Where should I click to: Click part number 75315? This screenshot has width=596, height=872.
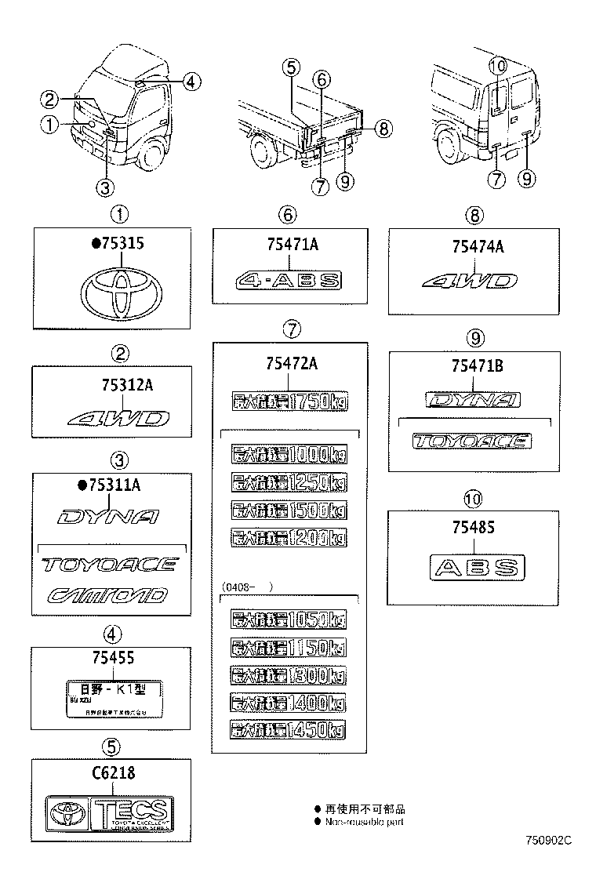tap(118, 244)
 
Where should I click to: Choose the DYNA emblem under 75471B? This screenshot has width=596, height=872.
tap(472, 401)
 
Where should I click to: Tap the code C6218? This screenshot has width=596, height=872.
tap(113, 773)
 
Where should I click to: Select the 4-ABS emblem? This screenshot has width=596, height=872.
tap(290, 280)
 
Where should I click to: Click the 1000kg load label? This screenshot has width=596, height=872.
tap(289, 455)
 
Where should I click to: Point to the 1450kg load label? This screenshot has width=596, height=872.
tap(289, 730)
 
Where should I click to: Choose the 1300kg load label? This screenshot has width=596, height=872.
tap(289, 675)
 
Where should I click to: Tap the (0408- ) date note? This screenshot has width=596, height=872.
tap(246, 586)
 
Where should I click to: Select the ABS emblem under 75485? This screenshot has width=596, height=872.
tap(476, 569)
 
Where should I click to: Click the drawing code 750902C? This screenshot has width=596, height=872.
tap(549, 840)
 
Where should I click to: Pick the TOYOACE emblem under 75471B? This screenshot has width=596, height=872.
tap(472, 441)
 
